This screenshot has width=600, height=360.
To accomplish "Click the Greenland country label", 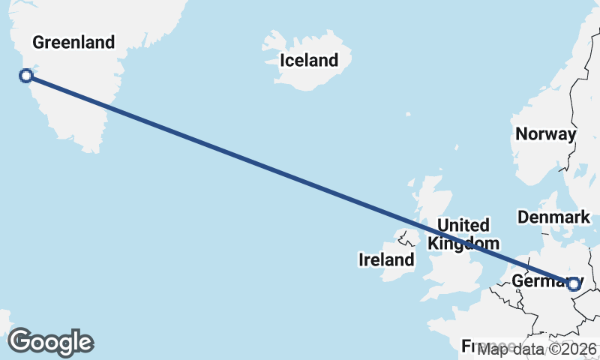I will pyautogui.click(x=73, y=42).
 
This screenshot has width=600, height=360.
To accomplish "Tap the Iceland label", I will pyautogui.click(x=308, y=60).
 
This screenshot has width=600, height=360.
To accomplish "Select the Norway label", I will pyautogui.click(x=546, y=134).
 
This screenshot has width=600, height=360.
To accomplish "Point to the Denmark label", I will pyautogui.click(x=553, y=217).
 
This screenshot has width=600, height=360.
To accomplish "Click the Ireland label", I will pyautogui.click(x=386, y=259).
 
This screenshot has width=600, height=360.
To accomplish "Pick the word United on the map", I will pyautogui.click(x=463, y=225).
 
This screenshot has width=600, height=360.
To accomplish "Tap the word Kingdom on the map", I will pyautogui.click(x=463, y=243).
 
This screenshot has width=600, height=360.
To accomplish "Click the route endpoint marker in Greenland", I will pyautogui.click(x=26, y=75).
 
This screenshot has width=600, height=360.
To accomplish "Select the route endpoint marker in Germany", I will pyautogui.click(x=574, y=284).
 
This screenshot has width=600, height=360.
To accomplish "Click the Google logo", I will pyautogui.click(x=50, y=342).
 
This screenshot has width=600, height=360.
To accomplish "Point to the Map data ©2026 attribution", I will pyautogui.click(x=537, y=349).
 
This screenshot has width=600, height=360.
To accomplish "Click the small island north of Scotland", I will pyautogui.click(x=408, y=115).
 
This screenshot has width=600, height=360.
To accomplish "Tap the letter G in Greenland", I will pyautogui.click(x=37, y=42).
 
